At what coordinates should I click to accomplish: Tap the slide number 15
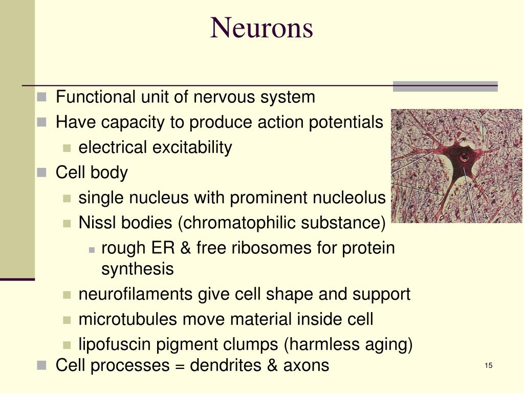(x=488, y=365)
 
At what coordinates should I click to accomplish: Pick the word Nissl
(x=96, y=223)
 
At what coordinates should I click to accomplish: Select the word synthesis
(x=138, y=269)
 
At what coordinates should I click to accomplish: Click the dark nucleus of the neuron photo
(x=464, y=157)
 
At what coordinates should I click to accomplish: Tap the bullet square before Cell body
(x=42, y=173)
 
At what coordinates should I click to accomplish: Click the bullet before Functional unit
(x=42, y=97)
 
